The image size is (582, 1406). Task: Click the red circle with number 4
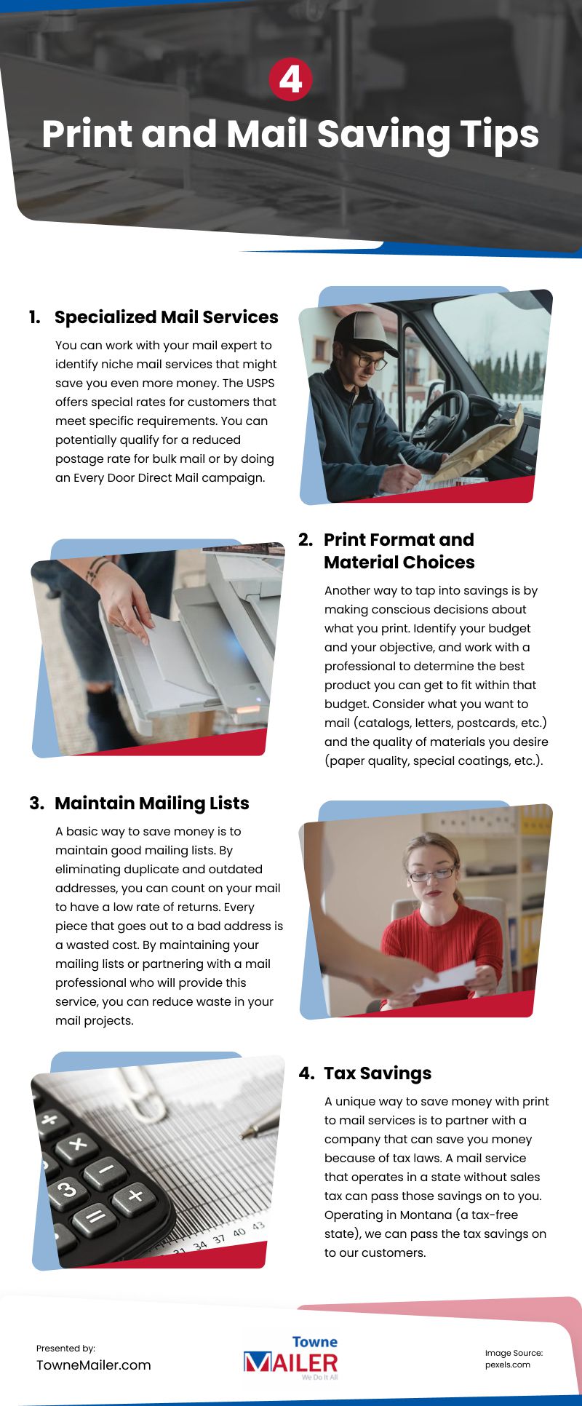click(x=290, y=79)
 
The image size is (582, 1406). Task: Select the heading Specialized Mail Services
click(x=166, y=317)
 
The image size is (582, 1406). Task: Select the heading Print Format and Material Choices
click(x=399, y=551)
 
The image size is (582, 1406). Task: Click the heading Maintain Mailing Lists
click(x=151, y=803)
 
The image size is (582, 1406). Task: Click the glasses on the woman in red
click(x=431, y=873)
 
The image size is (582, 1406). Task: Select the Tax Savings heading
click(x=377, y=1073)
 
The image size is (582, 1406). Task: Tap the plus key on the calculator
click(x=135, y=1196)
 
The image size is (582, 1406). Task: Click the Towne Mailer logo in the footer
click(x=291, y=1358)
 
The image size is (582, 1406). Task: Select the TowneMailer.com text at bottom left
click(x=94, y=1365)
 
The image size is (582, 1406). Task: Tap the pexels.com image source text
click(x=507, y=1365)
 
